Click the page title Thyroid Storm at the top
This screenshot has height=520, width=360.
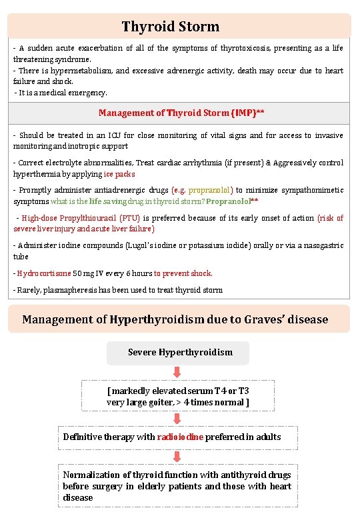pos(170,27)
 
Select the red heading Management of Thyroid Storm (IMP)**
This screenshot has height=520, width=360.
pos(181,113)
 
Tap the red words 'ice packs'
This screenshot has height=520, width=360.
pos(119,174)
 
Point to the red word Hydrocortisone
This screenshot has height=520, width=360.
pos(45,273)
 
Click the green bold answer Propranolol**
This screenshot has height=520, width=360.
pos(232,201)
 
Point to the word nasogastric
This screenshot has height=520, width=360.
pos(319,246)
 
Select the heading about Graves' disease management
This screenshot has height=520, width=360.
pos(175,319)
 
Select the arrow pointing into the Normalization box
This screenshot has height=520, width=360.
pos(178,457)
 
